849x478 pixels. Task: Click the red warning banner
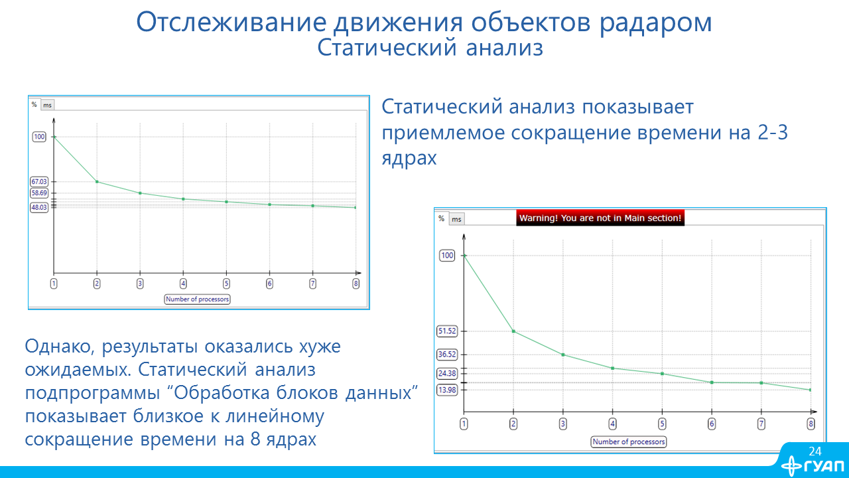click(600, 218)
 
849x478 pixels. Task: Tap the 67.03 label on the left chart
click(39, 182)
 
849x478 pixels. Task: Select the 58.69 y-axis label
click(39, 193)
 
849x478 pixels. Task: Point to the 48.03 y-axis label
click(39, 208)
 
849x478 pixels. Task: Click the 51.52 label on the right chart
click(447, 331)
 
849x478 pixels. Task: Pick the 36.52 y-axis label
click(447, 355)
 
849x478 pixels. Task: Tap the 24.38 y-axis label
click(447, 373)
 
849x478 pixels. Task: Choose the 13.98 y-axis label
click(447, 390)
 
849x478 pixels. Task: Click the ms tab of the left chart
click(47, 105)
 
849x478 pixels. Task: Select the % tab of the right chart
click(441, 218)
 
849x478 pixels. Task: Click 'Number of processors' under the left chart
click(197, 299)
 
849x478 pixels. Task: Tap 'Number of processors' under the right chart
click(628, 442)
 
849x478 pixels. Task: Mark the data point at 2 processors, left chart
click(97, 182)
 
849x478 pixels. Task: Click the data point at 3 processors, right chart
click(563, 355)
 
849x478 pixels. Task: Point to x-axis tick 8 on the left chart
click(356, 283)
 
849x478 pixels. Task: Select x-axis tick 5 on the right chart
click(662, 424)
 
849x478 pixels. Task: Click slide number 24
click(815, 451)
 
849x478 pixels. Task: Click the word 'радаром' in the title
click(656, 23)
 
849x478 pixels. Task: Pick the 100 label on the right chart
click(447, 256)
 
